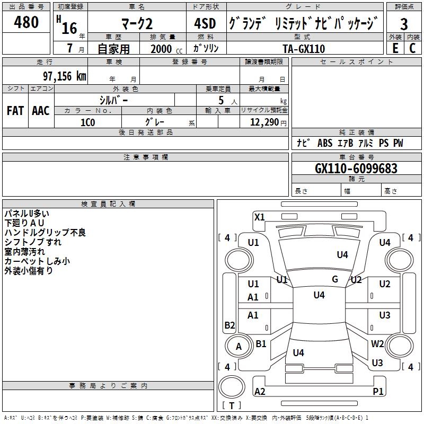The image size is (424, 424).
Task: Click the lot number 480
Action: (26, 22)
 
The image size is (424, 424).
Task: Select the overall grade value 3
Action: (404, 24)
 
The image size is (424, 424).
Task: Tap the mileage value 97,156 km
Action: (65, 76)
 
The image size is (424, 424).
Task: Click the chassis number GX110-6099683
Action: (356, 169)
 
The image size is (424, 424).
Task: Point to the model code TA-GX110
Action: (304, 49)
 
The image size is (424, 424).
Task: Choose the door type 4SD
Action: (205, 23)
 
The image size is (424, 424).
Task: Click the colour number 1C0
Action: (87, 122)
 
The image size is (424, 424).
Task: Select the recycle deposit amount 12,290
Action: (264, 122)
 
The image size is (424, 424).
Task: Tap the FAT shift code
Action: (15, 111)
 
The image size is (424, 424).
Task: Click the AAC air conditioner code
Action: (41, 111)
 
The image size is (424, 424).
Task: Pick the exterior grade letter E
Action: (395, 48)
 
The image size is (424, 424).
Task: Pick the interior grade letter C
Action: (413, 48)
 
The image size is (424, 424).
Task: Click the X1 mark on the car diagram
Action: (259, 217)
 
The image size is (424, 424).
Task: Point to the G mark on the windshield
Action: (335, 279)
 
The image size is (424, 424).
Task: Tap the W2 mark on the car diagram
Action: (377, 343)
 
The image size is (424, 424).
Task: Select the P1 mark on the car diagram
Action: (378, 391)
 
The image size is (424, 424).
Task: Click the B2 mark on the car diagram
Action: (229, 325)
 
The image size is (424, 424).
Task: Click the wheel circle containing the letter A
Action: (239, 346)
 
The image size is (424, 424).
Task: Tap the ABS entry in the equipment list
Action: (325, 143)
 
